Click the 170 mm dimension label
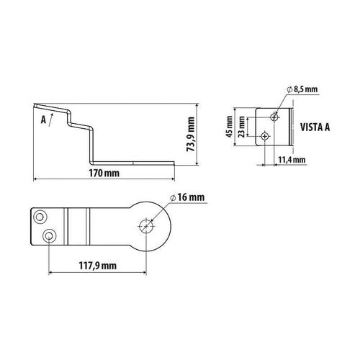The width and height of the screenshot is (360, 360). click(103, 173)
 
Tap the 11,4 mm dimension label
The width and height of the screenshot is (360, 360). click(289, 159)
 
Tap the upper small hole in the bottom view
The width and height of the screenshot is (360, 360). click(40, 215)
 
